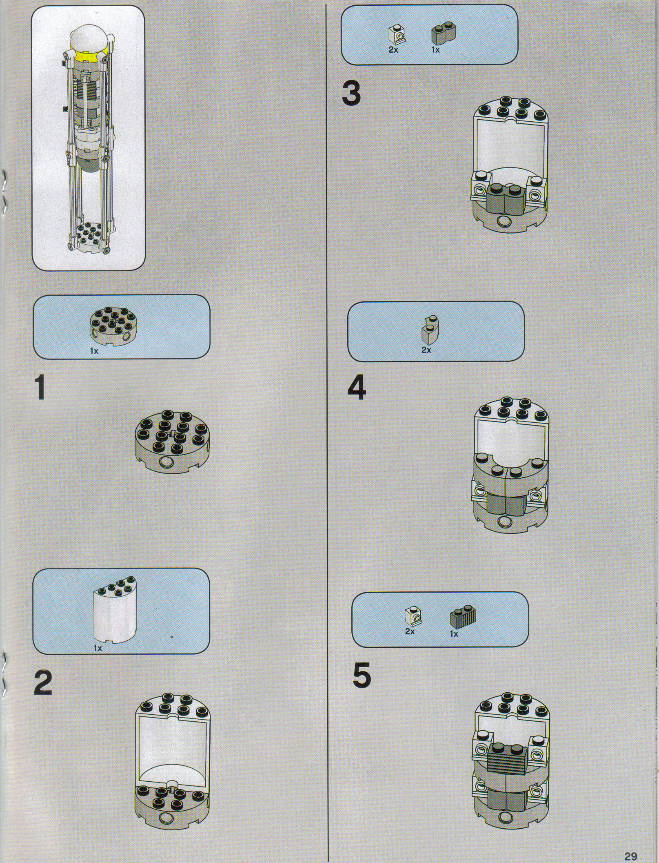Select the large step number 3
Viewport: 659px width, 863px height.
pyautogui.click(x=351, y=93)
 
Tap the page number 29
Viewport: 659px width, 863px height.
pyautogui.click(x=630, y=844)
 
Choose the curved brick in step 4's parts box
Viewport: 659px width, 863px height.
pyautogui.click(x=430, y=328)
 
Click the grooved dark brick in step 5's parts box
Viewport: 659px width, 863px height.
pyautogui.click(x=463, y=616)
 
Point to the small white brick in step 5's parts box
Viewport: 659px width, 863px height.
pyautogui.click(x=413, y=617)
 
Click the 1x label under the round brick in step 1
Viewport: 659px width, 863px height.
pyautogui.click(x=94, y=351)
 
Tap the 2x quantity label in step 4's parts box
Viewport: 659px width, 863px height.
pyautogui.click(x=426, y=350)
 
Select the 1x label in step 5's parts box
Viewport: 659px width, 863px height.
pyautogui.click(x=454, y=634)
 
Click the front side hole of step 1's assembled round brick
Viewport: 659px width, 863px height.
pyautogui.click(x=166, y=462)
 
